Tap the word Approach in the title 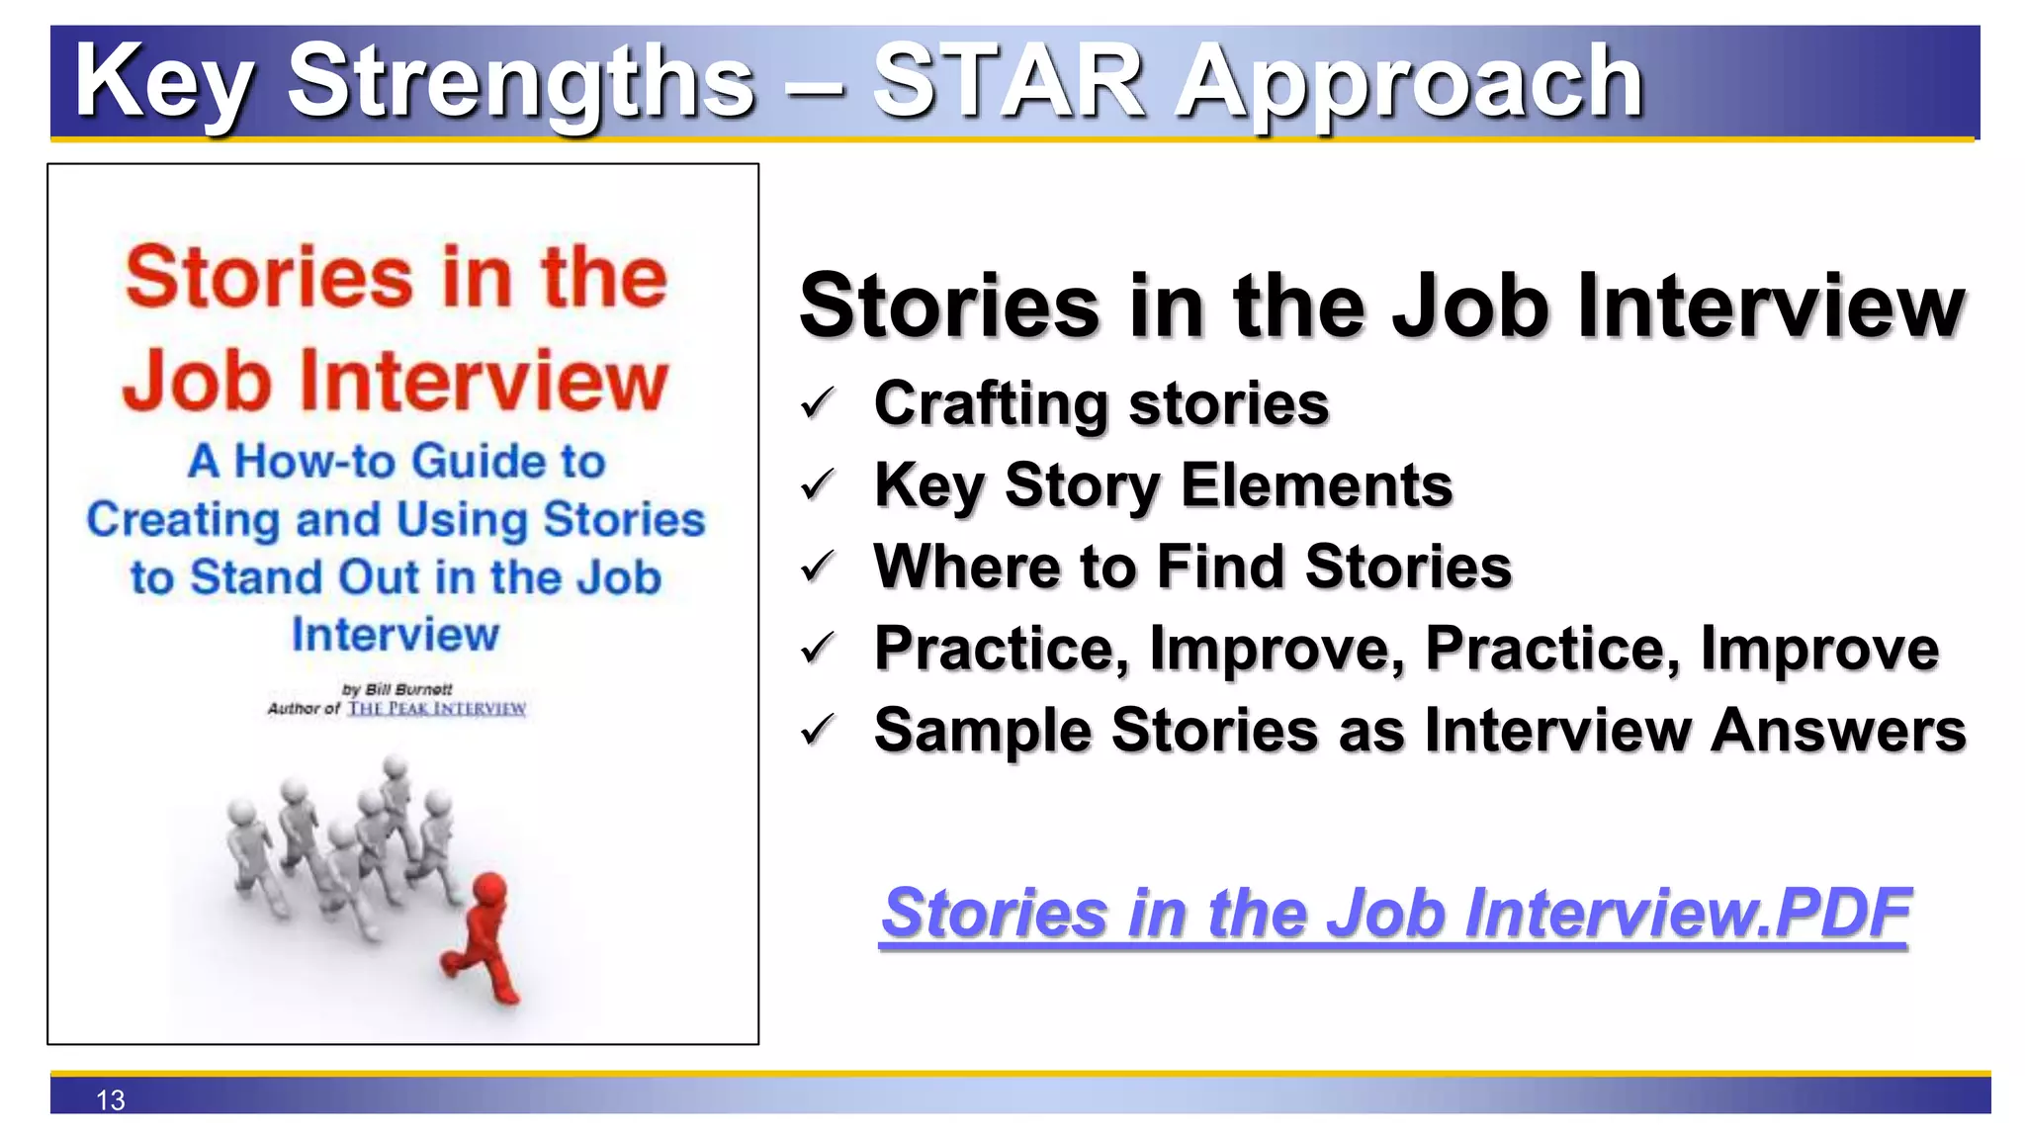click(x=1409, y=84)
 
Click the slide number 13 click(x=111, y=1099)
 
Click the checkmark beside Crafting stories click(x=818, y=403)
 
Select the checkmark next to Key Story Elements click(x=818, y=485)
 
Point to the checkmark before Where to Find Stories click(x=818, y=567)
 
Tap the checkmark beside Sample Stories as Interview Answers click(x=818, y=731)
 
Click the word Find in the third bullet click(x=1220, y=567)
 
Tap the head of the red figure click(x=488, y=888)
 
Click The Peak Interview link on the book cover click(x=436, y=709)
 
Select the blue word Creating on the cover click(x=183, y=520)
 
